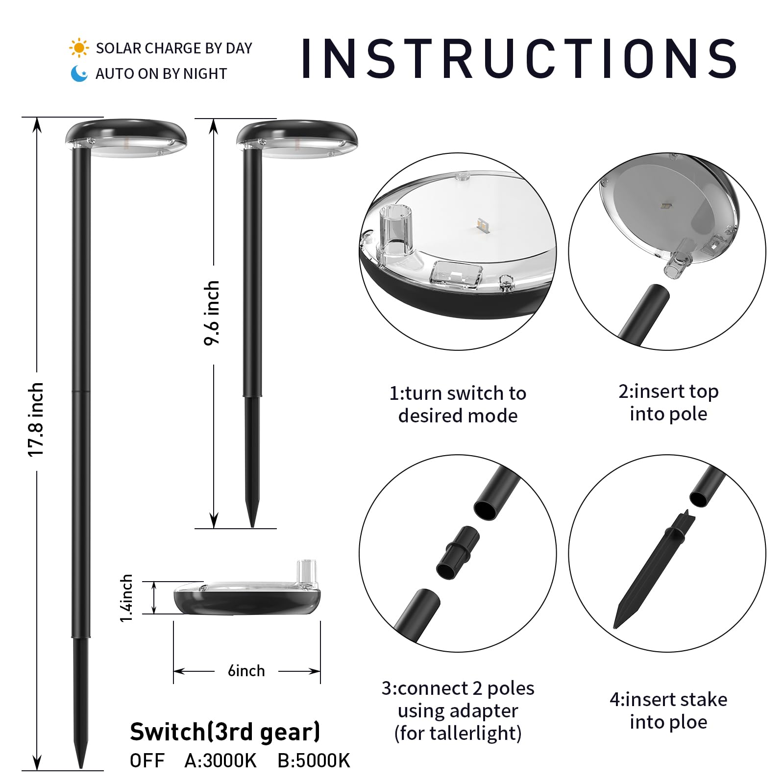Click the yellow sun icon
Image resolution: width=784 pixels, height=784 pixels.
[x=79, y=49]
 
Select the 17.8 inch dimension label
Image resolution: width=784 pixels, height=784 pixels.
[x=36, y=420]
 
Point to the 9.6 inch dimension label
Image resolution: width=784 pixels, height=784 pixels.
[x=212, y=313]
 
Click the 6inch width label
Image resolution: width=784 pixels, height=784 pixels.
[x=246, y=670]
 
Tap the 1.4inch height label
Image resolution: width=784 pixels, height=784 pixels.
[x=126, y=598]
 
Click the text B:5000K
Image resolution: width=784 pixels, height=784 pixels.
[x=314, y=760]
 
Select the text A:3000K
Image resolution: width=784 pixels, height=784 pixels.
[x=220, y=760]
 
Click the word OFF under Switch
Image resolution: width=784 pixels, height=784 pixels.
[x=147, y=760]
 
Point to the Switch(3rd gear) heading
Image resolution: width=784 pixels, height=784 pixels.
[x=225, y=732]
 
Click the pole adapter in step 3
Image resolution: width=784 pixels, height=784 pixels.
[x=458, y=551]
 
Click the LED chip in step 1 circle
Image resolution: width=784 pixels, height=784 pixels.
[x=481, y=225]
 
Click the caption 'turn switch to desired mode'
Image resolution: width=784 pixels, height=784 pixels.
[x=458, y=404]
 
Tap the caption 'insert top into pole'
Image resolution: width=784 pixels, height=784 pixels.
[x=668, y=402]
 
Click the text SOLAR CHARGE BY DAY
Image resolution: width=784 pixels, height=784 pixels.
[x=174, y=48]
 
